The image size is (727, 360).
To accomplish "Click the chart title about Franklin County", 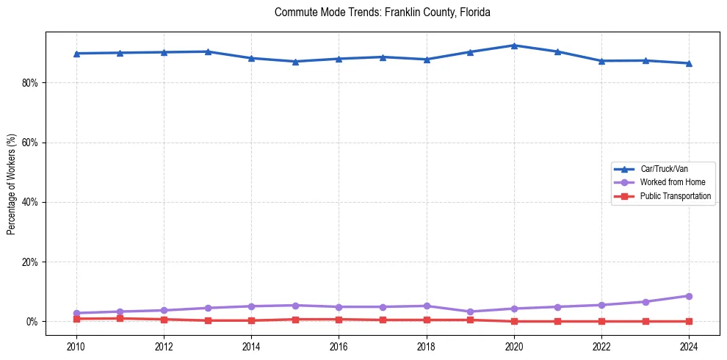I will (382, 12).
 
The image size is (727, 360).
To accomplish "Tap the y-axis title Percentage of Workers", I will (12, 184).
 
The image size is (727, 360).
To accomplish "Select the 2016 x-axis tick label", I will (339, 346).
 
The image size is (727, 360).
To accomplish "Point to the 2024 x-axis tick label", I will (689, 346).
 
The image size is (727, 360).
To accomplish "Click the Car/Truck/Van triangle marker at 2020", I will (514, 46).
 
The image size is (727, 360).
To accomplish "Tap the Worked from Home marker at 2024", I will (689, 296).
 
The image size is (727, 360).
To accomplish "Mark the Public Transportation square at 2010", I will (76, 319).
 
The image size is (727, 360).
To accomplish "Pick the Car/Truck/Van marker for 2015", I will (295, 62).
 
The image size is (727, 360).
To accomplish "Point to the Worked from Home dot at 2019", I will (470, 312).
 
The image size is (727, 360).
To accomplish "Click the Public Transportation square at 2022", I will (601, 321).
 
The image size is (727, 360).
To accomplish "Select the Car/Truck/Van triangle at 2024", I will (689, 63).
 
